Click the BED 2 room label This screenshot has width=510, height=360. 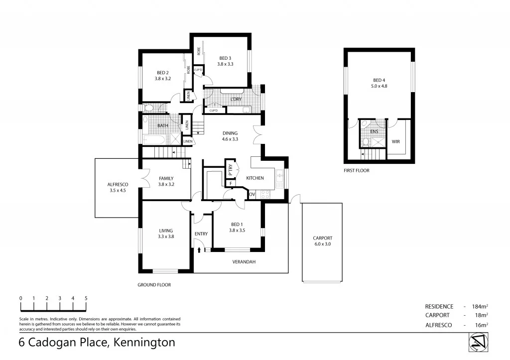(x=162, y=73)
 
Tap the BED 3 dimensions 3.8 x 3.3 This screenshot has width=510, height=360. (x=225, y=64)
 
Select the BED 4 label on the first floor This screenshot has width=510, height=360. (x=379, y=80)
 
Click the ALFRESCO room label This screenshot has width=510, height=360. (x=118, y=184)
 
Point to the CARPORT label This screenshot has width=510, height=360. (x=322, y=238)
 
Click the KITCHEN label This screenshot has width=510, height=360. (x=255, y=178)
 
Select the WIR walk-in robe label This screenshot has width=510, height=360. (x=396, y=141)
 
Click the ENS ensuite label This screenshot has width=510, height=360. (x=374, y=131)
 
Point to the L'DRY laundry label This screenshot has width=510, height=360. (x=236, y=100)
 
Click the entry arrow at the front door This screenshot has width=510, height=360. (x=199, y=249)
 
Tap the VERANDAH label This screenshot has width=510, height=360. (x=244, y=261)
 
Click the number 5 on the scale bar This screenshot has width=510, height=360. (x=86, y=298)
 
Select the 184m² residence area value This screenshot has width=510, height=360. (x=479, y=307)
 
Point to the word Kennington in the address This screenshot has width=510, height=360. (x=144, y=343)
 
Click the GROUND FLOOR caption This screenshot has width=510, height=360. (x=154, y=285)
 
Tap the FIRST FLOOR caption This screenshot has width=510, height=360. (x=357, y=170)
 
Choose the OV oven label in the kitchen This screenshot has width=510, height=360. (x=252, y=194)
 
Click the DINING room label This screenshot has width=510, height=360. (x=230, y=133)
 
